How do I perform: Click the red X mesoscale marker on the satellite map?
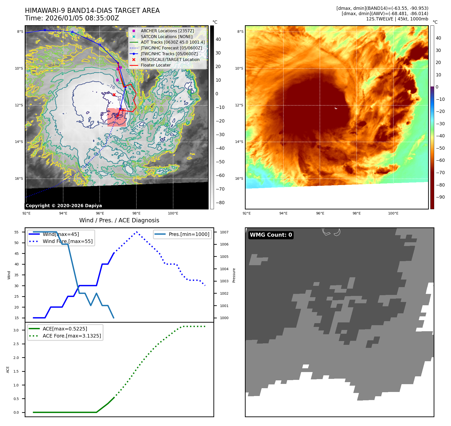[x=114, y=95]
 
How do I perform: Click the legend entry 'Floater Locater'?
[x=156, y=65]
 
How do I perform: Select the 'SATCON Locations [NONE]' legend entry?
[x=166, y=37]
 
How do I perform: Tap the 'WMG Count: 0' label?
[x=271, y=235]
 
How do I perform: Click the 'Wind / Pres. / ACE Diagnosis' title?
[x=119, y=220]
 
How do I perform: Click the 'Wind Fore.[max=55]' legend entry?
[x=67, y=241]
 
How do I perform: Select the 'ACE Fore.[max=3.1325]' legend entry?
[x=72, y=336]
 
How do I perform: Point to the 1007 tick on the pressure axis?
[x=224, y=232]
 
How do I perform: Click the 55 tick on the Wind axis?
[x=17, y=232]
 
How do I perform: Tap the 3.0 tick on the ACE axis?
[x=16, y=330]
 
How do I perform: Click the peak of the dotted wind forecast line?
[x=136, y=232]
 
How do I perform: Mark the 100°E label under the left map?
[x=173, y=213]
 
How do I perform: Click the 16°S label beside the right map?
[x=239, y=178]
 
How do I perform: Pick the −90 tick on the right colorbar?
[x=440, y=197]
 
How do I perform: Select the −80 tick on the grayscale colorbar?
[x=220, y=203]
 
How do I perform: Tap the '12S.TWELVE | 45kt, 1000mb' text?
[x=397, y=19]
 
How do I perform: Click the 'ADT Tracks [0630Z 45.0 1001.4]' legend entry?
[x=173, y=42]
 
